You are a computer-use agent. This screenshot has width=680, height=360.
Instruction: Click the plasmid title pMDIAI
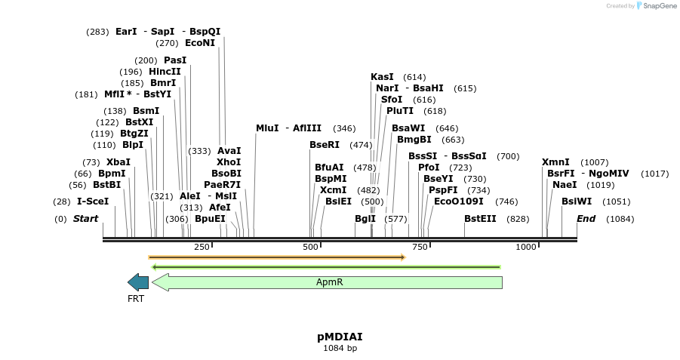click(340, 337)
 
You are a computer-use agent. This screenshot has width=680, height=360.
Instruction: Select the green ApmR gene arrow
click(328, 282)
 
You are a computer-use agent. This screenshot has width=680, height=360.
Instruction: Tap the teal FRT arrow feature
click(138, 282)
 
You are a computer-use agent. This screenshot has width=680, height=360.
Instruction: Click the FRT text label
click(136, 298)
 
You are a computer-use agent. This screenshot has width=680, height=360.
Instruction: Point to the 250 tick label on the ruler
click(202, 247)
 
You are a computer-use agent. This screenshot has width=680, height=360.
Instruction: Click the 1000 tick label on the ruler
click(525, 247)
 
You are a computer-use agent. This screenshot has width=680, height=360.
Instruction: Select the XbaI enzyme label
click(118, 162)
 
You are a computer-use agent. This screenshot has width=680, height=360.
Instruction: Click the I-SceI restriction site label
click(93, 202)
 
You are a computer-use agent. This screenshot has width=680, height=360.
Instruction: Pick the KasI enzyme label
click(382, 77)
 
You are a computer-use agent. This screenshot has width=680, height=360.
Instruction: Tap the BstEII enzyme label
click(480, 219)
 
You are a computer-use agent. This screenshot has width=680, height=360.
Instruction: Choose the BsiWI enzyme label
click(577, 202)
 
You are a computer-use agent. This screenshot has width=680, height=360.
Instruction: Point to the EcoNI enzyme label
click(200, 43)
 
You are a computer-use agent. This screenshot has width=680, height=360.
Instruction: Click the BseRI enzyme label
click(325, 145)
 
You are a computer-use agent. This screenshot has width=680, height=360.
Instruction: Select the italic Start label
click(85, 219)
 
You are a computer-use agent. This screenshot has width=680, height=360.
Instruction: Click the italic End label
click(586, 219)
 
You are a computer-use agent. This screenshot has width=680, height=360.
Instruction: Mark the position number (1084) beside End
click(620, 219)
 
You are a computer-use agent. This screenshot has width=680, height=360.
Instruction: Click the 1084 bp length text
click(340, 348)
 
